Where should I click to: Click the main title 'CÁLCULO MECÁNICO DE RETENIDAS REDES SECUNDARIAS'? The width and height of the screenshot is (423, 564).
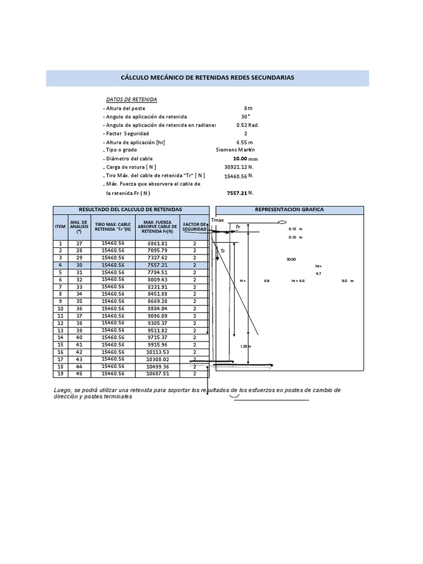[207, 78]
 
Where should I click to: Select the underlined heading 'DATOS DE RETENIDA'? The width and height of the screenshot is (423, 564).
[132, 99]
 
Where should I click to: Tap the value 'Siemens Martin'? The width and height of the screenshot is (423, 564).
[235, 149]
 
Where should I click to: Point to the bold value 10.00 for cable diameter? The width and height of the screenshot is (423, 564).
[240, 158]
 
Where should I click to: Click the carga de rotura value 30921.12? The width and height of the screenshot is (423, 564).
[236, 167]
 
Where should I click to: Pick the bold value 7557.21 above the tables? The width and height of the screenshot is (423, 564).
[237, 193]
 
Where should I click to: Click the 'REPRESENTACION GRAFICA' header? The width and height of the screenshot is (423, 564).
[289, 210]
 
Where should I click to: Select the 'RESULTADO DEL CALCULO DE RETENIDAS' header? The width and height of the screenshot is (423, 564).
[131, 210]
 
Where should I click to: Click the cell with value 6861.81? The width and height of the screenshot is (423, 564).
[157, 243]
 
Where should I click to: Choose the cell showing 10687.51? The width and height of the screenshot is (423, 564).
[157, 373]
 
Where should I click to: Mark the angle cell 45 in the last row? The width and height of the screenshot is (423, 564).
[79, 373]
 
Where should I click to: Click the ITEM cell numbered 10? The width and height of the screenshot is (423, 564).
[60, 308]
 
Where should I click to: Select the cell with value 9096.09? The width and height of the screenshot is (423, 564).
[157, 315]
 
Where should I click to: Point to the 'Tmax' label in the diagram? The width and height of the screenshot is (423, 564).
[218, 220]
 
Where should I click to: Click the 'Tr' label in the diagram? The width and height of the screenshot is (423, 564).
[223, 251]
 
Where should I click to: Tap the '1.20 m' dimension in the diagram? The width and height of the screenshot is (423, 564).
[245, 346]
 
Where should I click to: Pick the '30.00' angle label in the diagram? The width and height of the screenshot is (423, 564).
[291, 259]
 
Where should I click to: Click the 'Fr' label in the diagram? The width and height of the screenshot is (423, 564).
[238, 227]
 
